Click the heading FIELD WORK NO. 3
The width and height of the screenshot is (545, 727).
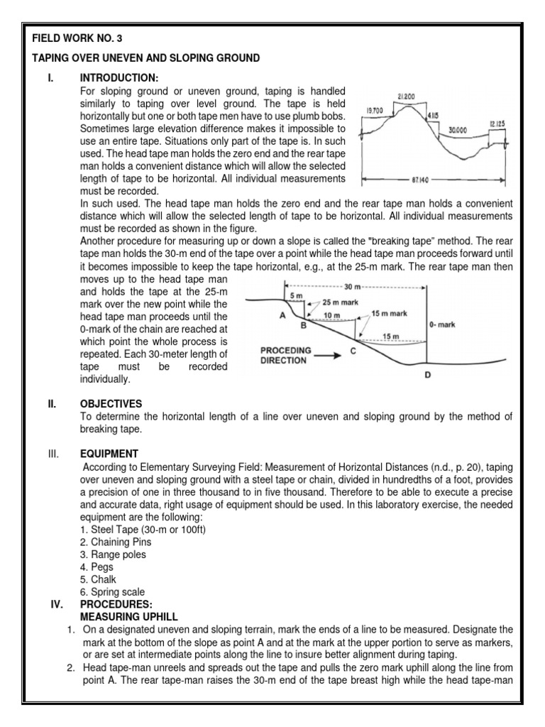[69, 40]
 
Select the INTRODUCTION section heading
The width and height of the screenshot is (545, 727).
[119, 77]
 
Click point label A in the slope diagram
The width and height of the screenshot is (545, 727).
[282, 316]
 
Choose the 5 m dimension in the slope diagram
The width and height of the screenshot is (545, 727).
[294, 295]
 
